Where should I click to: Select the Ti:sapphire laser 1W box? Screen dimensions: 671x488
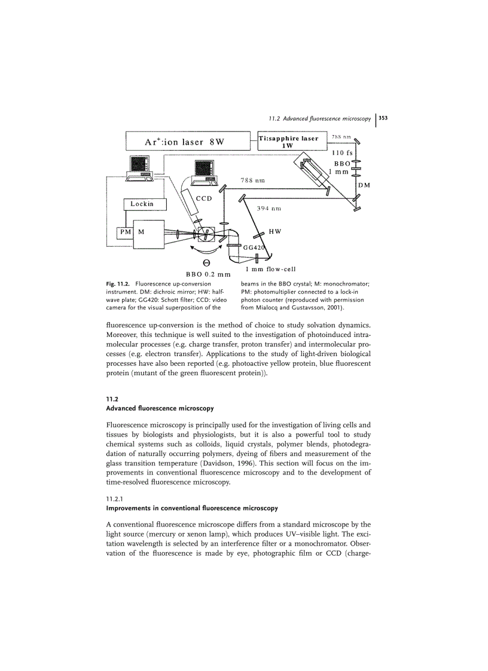288,142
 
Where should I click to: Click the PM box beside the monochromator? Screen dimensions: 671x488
124,231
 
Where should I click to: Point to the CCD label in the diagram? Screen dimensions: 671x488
204,199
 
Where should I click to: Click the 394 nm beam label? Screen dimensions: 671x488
269,209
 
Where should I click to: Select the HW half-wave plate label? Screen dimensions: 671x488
275,231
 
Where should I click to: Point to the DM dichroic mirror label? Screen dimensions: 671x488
364,185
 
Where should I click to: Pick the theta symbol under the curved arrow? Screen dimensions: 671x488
206,263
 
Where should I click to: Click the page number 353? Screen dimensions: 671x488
383,118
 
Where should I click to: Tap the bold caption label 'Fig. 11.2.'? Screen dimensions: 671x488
119,283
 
